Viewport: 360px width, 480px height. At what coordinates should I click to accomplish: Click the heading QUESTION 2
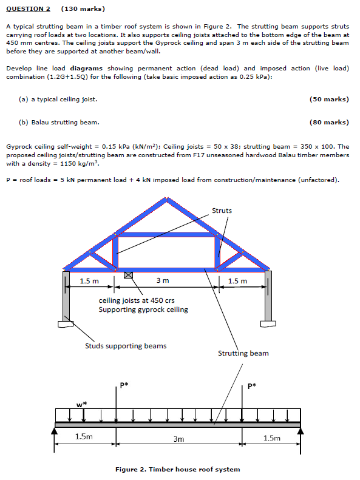(x=28, y=9)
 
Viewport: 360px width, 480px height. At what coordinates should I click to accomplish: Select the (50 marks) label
(x=328, y=99)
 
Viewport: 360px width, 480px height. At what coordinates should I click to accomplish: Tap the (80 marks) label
(x=328, y=123)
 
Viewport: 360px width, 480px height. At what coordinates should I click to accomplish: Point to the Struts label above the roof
(x=222, y=211)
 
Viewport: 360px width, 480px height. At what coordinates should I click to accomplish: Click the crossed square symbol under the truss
(x=128, y=275)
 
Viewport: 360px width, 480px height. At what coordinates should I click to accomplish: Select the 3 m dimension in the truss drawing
(x=162, y=280)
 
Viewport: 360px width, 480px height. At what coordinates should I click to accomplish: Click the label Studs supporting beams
(x=125, y=346)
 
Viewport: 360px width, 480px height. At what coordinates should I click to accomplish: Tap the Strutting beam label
(x=243, y=353)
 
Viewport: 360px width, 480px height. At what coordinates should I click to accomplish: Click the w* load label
(x=82, y=404)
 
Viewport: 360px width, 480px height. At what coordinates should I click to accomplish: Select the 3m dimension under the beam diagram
(x=178, y=438)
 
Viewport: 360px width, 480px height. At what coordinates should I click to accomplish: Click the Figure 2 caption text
(x=177, y=469)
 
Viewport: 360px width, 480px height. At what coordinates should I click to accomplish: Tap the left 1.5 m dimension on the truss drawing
(x=89, y=280)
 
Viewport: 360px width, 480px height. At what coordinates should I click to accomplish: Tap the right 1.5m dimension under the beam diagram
(x=272, y=438)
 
